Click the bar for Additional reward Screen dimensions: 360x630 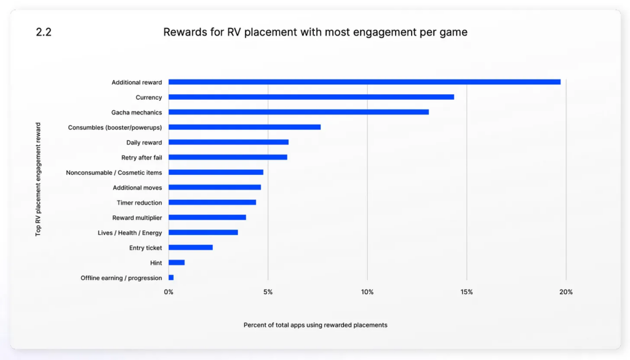coord(364,82)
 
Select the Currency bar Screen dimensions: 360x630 coord(311,97)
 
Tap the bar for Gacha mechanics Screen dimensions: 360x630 coord(298,112)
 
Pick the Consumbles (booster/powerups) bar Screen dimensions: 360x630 coord(244,127)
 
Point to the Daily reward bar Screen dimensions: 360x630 coord(228,142)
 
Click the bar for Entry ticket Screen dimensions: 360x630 coord(191,247)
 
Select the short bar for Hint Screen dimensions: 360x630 coord(177,263)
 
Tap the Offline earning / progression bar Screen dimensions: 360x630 coord(171,278)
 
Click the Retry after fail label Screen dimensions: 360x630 coord(142,158)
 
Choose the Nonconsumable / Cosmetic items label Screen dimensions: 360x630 coord(114,172)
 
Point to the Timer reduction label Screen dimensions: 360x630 coord(140,202)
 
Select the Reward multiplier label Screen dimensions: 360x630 coord(137,217)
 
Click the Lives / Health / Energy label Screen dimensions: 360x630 coord(130,233)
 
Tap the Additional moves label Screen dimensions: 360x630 coord(137,188)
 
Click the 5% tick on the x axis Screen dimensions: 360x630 coord(268,292)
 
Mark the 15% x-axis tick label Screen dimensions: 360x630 coord(466,292)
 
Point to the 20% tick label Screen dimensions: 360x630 coord(566,292)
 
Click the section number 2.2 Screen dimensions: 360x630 coord(44,33)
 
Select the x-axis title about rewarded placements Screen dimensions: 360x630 coord(315,325)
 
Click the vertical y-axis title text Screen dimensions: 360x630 coord(38,179)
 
